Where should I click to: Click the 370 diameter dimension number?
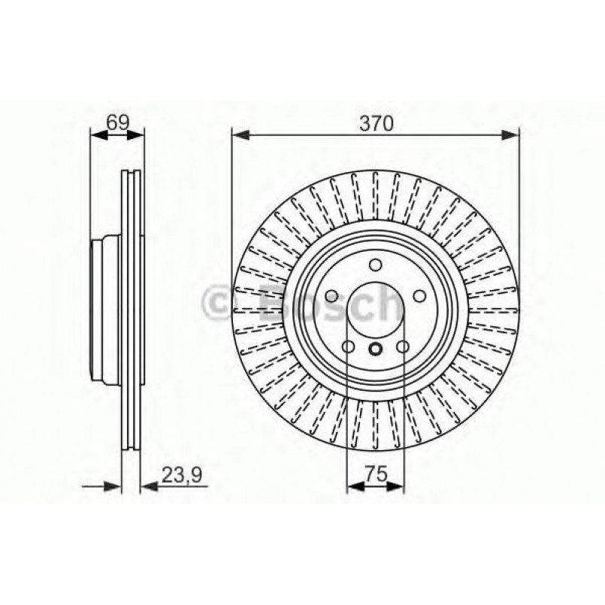(376, 124)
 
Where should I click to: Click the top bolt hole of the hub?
(376, 265)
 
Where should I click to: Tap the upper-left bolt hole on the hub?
(331, 296)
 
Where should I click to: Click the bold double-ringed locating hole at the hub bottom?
(376, 348)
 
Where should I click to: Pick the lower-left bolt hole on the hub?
(348, 346)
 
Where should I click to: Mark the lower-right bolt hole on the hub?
(403, 346)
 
